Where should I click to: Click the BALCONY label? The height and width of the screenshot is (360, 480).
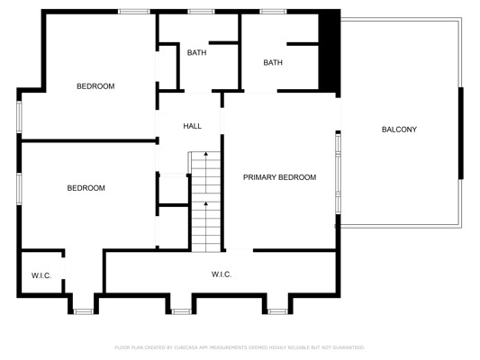pyautogui.click(x=399, y=130)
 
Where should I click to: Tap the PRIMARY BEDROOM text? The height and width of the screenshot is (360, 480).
pyautogui.click(x=279, y=177)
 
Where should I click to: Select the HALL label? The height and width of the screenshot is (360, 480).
pyautogui.click(x=192, y=126)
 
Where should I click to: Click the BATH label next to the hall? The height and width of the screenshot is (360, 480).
pyautogui.click(x=196, y=52)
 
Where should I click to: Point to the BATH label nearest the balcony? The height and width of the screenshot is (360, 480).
pyautogui.click(x=273, y=63)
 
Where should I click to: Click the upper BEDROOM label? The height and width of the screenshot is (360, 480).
pyautogui.click(x=95, y=86)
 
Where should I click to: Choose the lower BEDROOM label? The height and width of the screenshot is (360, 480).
pyautogui.click(x=86, y=188)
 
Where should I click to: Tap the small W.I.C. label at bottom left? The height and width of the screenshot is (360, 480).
pyautogui.click(x=41, y=275)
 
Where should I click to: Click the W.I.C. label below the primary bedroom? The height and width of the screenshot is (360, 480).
pyautogui.click(x=222, y=274)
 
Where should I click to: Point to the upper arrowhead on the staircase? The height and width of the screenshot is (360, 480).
pyautogui.click(x=206, y=154)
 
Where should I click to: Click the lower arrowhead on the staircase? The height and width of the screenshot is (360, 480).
pyautogui.click(x=206, y=203)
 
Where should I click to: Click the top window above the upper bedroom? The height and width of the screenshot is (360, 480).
pyautogui.click(x=134, y=12)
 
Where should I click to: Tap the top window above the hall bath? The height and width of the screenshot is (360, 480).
pyautogui.click(x=201, y=12)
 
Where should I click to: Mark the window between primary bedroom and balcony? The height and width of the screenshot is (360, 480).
pyautogui.click(x=338, y=174)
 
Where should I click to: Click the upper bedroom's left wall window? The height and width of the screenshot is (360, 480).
pyautogui.click(x=19, y=117)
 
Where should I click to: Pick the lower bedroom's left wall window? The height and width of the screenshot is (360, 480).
pyautogui.click(x=19, y=189)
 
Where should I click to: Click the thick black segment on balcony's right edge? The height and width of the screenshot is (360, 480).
pyautogui.click(x=461, y=133)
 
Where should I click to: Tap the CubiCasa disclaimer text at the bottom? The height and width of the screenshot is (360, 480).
pyautogui.click(x=240, y=347)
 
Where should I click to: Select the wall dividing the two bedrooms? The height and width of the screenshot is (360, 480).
pyautogui.click(x=89, y=140)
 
